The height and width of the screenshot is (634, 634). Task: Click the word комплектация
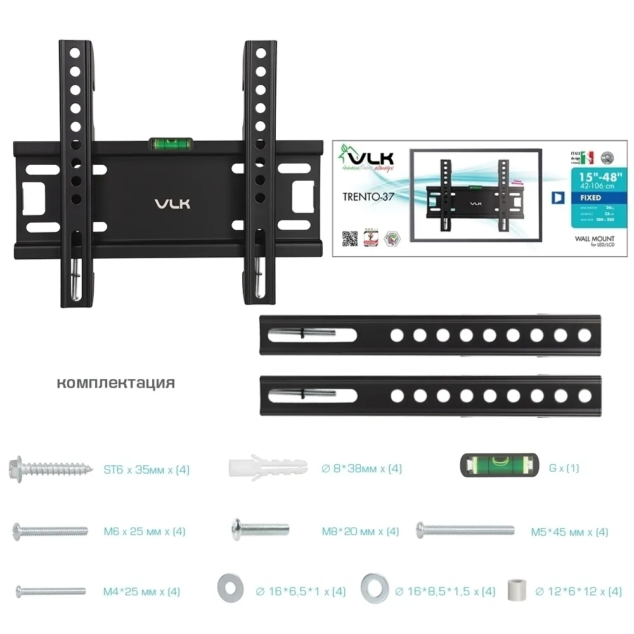click(115, 383)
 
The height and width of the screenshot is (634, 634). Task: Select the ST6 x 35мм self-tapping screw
click(48, 470)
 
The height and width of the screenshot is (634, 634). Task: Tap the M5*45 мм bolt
click(465, 529)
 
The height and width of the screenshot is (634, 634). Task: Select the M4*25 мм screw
click(50, 591)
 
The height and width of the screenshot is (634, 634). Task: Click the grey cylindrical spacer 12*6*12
click(517, 591)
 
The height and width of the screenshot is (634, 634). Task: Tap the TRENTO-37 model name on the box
click(367, 197)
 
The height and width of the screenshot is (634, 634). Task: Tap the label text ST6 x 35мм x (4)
click(146, 470)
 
